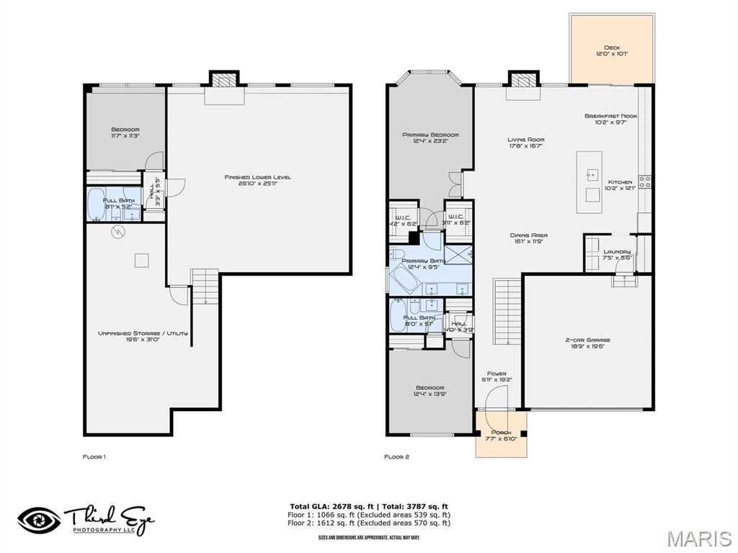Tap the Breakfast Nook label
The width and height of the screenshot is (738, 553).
[x=611, y=119]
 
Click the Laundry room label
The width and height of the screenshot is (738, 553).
[x=617, y=254]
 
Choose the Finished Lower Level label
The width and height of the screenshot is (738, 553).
[x=258, y=180]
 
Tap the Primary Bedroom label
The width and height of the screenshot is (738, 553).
[x=430, y=138]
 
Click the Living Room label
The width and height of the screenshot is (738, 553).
[x=525, y=143]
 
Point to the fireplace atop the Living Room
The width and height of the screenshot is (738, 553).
[x=523, y=79]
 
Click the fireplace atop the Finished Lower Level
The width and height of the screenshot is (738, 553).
[x=223, y=79]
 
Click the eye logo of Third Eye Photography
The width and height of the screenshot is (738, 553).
[x=40, y=520]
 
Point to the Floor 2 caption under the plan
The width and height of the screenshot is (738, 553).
[x=396, y=457]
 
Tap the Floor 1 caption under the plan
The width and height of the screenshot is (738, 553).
[x=94, y=457]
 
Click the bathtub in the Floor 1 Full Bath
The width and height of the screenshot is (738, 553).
[x=97, y=204]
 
